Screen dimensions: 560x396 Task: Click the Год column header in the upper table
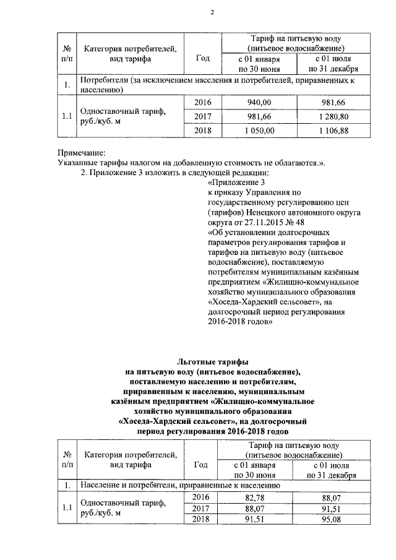pyautogui.click(x=202, y=58)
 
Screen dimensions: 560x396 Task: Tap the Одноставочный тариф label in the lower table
pyautogui.click(x=119, y=504)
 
